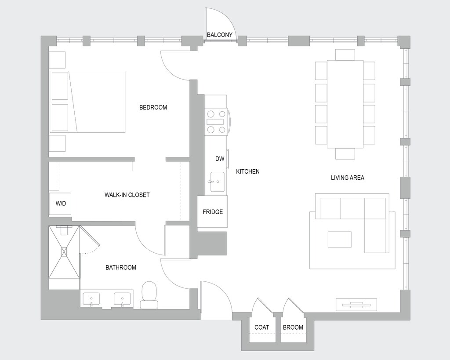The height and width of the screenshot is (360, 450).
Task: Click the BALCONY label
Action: pyautogui.click(x=220, y=35)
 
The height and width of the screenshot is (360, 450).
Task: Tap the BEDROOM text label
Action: pyautogui.click(x=153, y=107)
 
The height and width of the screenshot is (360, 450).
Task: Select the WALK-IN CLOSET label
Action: pyautogui.click(x=127, y=195)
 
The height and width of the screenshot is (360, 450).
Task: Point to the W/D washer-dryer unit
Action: pyautogui.click(x=60, y=204)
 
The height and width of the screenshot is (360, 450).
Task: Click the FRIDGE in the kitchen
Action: pyautogui.click(x=213, y=212)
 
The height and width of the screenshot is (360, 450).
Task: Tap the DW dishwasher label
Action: pyautogui.click(x=220, y=159)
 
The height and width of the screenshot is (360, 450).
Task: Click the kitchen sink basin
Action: pyautogui.click(x=217, y=182)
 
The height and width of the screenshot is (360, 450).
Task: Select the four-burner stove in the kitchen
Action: pyautogui.click(x=216, y=121)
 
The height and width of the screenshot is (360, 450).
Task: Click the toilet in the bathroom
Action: pyautogui.click(x=149, y=295)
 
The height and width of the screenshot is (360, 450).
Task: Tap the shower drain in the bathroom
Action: pyautogui.click(x=65, y=251)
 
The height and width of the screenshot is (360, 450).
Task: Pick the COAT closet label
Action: pyautogui.click(x=262, y=327)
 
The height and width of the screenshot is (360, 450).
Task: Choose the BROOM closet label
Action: pyautogui.click(x=293, y=327)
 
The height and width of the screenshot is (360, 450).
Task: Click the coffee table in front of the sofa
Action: pyautogui.click(x=339, y=240)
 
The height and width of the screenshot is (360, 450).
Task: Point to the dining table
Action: pyautogui.click(x=345, y=104)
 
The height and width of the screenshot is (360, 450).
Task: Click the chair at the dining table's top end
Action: pyautogui.click(x=345, y=55)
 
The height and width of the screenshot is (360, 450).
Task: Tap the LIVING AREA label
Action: pyautogui.click(x=348, y=178)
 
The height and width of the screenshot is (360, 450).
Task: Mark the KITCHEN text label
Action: pyautogui.click(x=248, y=171)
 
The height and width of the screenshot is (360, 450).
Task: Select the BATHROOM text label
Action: pyautogui.click(x=121, y=267)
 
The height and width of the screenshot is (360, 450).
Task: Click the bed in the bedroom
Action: pyautogui.click(x=88, y=102)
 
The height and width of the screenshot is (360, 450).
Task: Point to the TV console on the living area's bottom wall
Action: pyautogui.click(x=356, y=304)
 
